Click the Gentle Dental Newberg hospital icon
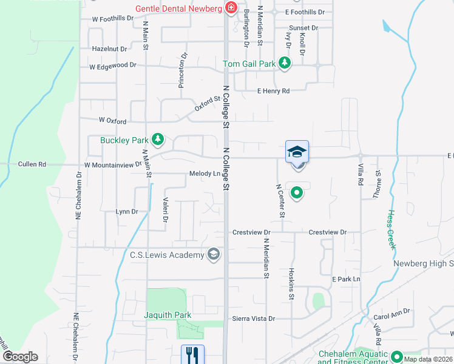click(231, 8)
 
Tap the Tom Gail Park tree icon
click(284, 63)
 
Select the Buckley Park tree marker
click(158, 140)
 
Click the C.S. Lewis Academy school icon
click(213, 255)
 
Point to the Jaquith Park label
click(168, 315)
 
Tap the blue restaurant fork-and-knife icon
click(193, 354)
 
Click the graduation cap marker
click(297, 152)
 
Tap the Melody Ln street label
click(204, 174)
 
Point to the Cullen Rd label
click(32, 164)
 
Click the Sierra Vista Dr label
click(254, 318)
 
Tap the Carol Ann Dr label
click(391, 317)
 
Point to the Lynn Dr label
click(127, 212)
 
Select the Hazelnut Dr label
click(110, 49)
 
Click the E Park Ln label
click(346, 278)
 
